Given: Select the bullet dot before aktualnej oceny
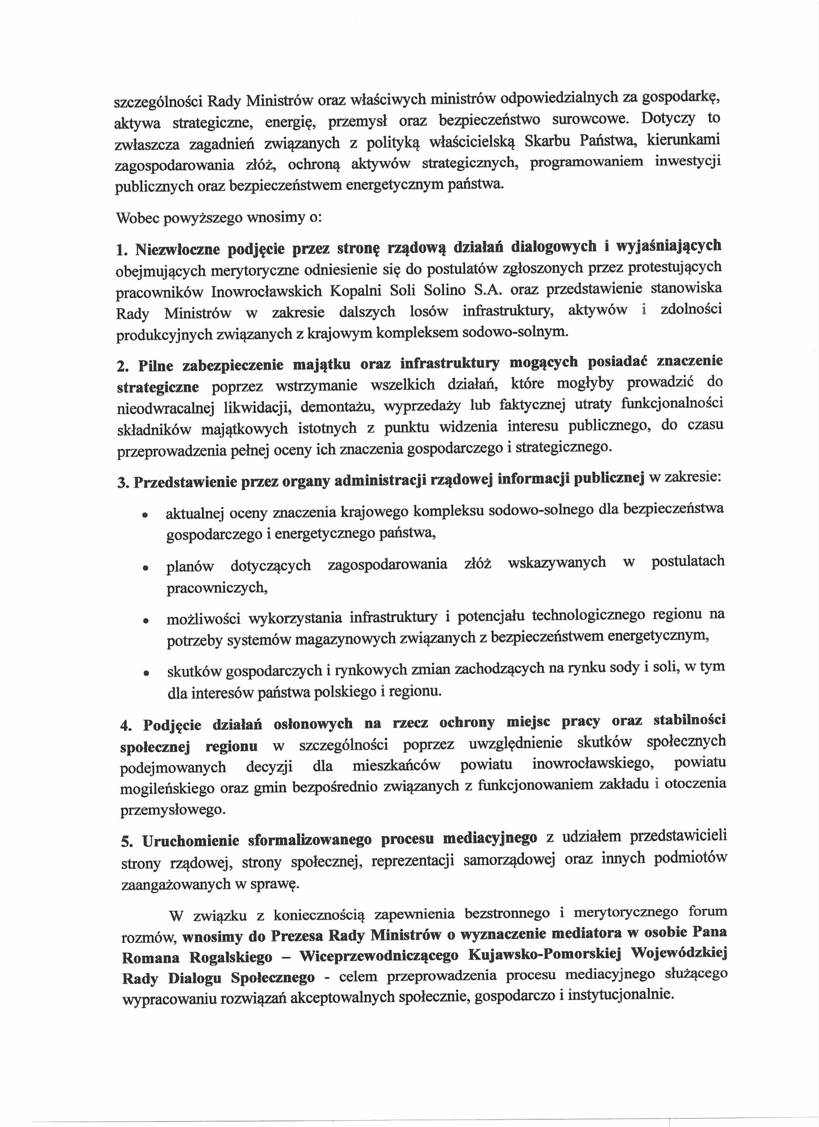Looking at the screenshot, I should pos(145,514).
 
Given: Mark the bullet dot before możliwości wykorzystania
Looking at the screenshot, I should pos(146,621).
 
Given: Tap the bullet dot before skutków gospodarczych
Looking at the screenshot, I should pos(146,672).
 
